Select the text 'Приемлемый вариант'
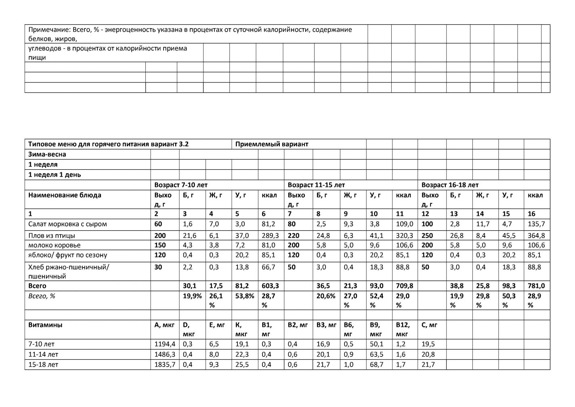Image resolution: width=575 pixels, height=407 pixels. click(271, 144)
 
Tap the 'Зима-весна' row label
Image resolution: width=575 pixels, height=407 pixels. click(47, 154)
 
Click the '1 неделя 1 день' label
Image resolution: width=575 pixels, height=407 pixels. click(55, 175)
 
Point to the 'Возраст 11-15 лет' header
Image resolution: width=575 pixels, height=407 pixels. click(316, 185)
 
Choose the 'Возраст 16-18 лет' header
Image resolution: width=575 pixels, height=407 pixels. click(450, 185)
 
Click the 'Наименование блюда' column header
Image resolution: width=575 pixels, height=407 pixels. click(65, 195)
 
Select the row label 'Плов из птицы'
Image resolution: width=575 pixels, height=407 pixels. click(52, 236)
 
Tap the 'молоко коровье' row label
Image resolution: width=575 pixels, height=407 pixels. click(54, 245)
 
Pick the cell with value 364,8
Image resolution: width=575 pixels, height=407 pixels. click(536, 236)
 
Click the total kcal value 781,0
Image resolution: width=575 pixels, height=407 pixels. click(536, 286)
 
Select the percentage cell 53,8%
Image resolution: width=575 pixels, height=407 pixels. click(245, 296)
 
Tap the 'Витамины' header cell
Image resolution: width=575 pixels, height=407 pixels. click(45, 325)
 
